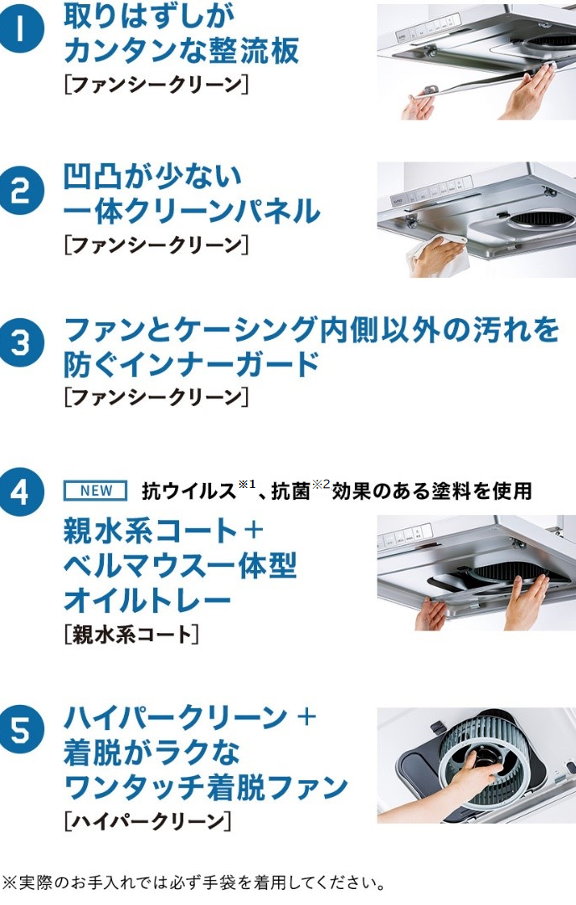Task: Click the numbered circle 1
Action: pyautogui.click(x=22, y=29)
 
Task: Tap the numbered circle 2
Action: pyautogui.click(x=22, y=191)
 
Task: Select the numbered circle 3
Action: pyautogui.click(x=22, y=343)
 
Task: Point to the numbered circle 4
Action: pyautogui.click(x=22, y=492)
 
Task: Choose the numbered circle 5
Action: pyautogui.click(x=22, y=730)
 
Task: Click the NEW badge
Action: pyautogui.click(x=95, y=491)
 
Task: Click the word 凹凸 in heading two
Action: pyautogui.click(x=92, y=177)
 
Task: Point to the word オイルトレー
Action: pyautogui.click(x=147, y=599)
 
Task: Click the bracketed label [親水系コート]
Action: pyautogui.click(x=131, y=635)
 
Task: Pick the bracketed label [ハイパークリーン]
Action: pyautogui.click(x=147, y=820)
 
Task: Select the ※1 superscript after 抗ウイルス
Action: pyautogui.click(x=246, y=484)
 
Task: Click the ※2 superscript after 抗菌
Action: pyautogui.click(x=321, y=484)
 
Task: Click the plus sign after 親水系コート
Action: pyautogui.click(x=254, y=531)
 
